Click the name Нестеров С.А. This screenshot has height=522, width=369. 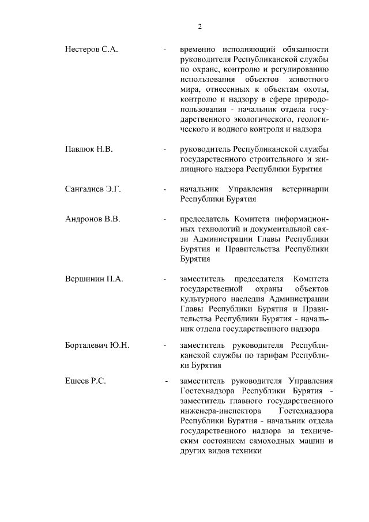tap(91, 50)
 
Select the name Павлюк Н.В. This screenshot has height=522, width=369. tap(89, 149)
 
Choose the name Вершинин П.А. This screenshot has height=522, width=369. tap(94, 279)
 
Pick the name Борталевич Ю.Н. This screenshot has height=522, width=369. tap(97, 346)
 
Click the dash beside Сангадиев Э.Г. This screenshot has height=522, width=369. tap(165, 189)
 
